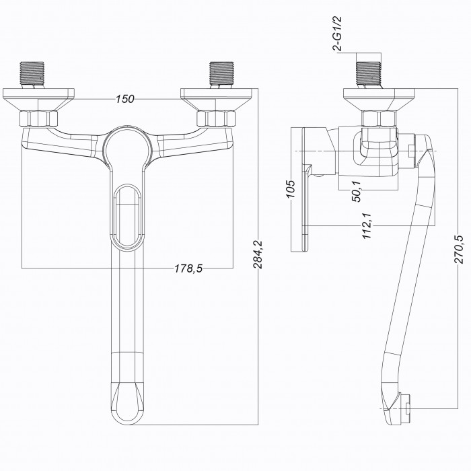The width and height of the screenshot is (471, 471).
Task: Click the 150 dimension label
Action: [125, 99]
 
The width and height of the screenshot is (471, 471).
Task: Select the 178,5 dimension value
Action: [188, 268]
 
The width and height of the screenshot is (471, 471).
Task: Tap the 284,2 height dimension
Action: [258, 254]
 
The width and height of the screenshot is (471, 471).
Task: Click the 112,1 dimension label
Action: [367, 225]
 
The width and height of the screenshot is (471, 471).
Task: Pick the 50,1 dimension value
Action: [357, 191]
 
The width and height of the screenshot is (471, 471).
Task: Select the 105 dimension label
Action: [290, 188]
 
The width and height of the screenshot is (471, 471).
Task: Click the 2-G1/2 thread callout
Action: [337, 34]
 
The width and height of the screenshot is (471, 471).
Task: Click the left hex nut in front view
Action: [38, 118]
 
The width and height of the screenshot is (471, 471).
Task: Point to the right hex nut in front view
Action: [216, 118]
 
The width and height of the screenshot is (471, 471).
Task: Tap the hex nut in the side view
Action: [379, 119]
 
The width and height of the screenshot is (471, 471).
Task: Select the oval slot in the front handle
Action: [127, 216]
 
